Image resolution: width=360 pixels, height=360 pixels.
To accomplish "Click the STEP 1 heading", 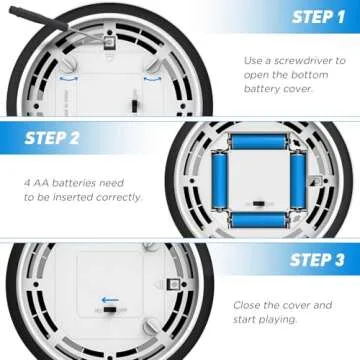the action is pos(318,17).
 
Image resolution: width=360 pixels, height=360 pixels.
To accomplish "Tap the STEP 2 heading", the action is pos(52,138).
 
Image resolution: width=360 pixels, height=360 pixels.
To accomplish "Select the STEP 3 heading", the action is pos(317,260).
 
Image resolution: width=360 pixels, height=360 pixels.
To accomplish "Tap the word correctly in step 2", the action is pos(119,197).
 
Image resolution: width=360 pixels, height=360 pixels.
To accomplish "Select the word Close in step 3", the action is pos(247,305).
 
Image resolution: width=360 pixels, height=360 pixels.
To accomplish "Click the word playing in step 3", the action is pos(278,320).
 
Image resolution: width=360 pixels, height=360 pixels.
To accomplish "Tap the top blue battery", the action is pos(259,141).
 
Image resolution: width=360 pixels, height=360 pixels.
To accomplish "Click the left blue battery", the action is pos(220,180).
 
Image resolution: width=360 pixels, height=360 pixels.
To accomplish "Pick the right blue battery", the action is pos(298,180).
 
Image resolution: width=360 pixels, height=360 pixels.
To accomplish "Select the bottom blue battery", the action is pos(259,219).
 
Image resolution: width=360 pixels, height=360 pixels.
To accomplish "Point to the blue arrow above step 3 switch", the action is pos(110,300).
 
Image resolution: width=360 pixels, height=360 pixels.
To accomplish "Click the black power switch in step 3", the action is pos(109,310).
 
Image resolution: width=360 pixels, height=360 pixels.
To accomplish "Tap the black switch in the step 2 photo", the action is pos(258,203).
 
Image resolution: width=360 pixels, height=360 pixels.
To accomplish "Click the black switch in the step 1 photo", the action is pos(134,106).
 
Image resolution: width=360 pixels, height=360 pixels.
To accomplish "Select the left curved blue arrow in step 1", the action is pos(69,78).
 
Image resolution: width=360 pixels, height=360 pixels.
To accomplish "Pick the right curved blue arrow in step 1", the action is pos(153,79).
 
